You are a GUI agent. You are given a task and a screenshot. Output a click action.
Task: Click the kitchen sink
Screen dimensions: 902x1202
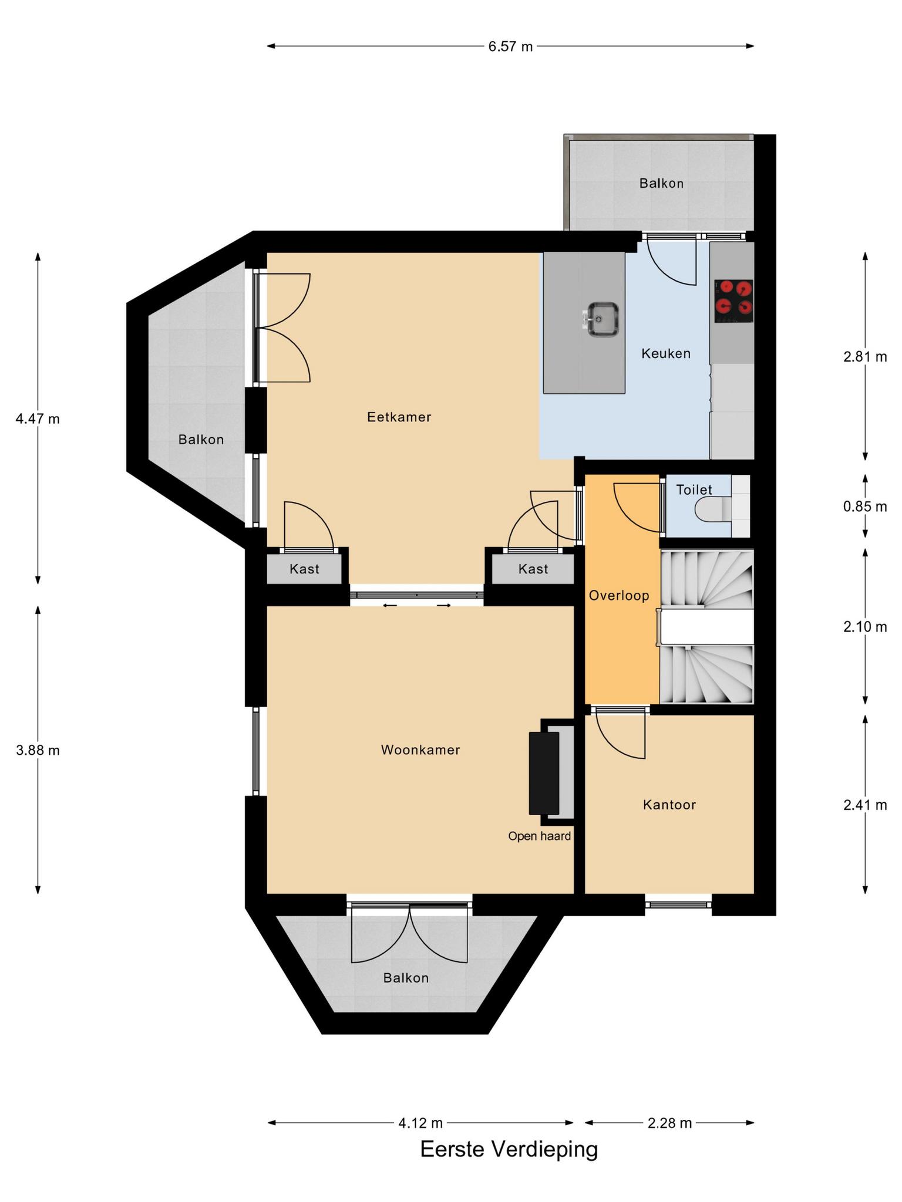[603, 319]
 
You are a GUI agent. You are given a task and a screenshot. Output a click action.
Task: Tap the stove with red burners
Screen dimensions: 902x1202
[733, 301]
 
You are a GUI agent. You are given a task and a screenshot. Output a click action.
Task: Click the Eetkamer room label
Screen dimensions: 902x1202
[399, 417]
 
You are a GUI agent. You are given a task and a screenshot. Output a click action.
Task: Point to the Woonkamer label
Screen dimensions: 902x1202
[420, 749]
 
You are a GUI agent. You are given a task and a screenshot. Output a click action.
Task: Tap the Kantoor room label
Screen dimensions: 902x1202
[669, 805]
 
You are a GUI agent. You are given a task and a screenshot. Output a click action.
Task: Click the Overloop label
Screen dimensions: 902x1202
[619, 596]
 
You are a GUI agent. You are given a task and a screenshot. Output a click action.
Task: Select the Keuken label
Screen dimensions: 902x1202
[666, 353]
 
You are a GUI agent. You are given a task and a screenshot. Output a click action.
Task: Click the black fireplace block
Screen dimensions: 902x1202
[544, 773]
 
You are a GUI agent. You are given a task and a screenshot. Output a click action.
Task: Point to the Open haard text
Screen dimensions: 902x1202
[540, 836]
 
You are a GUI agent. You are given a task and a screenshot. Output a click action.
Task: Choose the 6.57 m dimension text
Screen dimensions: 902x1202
[510, 46]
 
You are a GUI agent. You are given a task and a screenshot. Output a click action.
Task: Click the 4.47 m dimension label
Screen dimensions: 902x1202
[38, 419]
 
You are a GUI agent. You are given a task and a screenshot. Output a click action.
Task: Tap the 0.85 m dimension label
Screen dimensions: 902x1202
[865, 507]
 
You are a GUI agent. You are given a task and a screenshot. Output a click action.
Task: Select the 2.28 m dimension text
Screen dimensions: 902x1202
[669, 1123]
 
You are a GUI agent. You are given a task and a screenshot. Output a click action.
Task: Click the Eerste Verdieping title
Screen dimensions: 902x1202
[509, 1149]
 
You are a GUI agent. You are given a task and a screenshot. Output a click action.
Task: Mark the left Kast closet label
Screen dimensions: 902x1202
[304, 569]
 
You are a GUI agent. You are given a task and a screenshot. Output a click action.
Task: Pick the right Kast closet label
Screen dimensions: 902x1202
[533, 569]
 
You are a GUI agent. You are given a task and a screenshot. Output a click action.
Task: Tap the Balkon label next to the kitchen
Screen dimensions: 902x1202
[661, 184]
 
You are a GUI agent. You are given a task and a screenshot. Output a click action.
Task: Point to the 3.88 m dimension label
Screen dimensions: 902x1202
[38, 750]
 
